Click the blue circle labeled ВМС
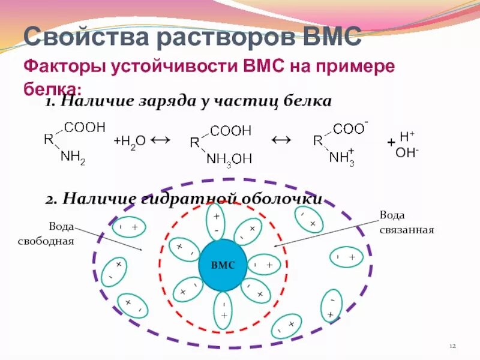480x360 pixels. coord(223,265)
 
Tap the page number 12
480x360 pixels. coord(453,347)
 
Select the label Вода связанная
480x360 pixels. coord(406,222)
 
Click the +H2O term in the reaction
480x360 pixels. coord(130,141)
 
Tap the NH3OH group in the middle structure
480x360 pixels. coord(229,159)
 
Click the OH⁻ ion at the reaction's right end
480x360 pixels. coord(407,153)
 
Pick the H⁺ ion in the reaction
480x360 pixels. coord(407,136)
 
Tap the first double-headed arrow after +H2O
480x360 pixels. coord(161,140)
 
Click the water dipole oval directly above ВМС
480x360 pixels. coord(216,223)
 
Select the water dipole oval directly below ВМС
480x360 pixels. coord(223,310)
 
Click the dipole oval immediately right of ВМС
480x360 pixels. coord(263,265)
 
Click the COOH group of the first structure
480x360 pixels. coord(85,127)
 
